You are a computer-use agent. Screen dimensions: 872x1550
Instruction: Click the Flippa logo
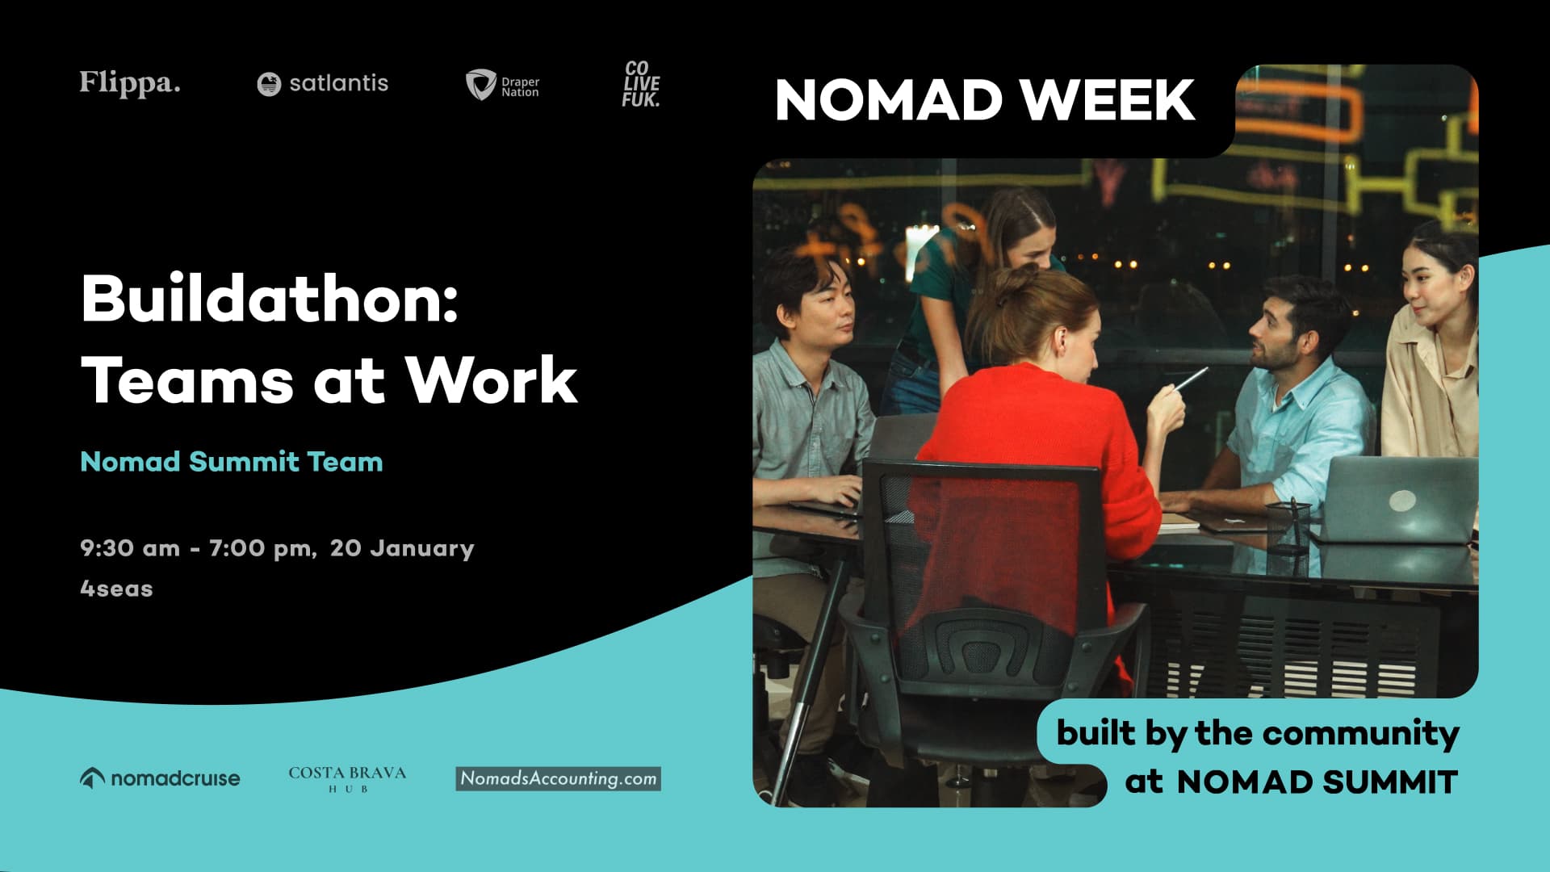pos(129,83)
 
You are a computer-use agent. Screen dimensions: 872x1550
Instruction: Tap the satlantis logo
pos(322,83)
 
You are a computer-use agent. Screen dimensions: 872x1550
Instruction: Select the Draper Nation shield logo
pos(481,84)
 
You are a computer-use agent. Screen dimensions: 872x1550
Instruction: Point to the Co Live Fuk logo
pos(641,84)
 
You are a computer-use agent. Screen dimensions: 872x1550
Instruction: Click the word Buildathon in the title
pos(270,299)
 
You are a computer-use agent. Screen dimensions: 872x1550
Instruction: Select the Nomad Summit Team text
pos(232,462)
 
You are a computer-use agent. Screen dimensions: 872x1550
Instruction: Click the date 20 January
pos(402,548)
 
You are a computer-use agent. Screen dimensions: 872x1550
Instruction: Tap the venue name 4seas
pos(116,589)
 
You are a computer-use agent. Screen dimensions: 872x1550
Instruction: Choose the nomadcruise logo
pos(160,778)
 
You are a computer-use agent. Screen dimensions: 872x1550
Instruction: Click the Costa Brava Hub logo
pos(347,778)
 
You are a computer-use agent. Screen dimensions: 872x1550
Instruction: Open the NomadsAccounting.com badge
pos(558,778)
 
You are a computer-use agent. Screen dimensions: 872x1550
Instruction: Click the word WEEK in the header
pos(1107,100)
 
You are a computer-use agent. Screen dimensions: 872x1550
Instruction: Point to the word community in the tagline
pos(1360,733)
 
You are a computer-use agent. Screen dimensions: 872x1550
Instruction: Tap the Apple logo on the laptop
pos(1401,501)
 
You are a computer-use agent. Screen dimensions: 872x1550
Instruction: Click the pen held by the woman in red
pos(1191,378)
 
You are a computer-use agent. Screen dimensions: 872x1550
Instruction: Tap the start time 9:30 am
pos(130,548)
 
